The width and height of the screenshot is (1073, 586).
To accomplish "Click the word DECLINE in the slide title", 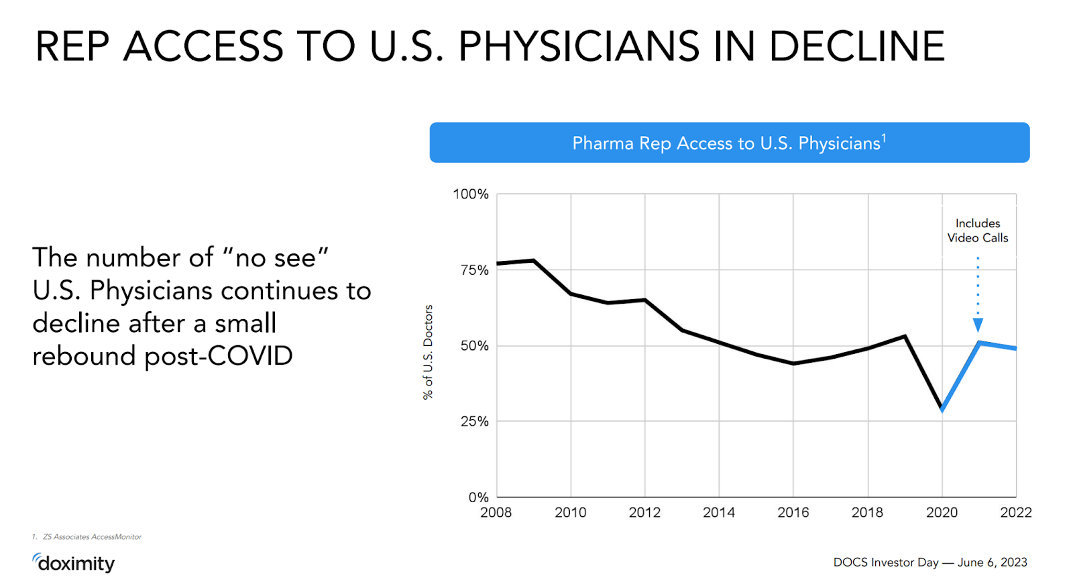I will coord(856,47).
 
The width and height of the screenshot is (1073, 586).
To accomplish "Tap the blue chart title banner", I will coord(729,143).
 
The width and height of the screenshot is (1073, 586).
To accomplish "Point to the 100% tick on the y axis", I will coord(471,194).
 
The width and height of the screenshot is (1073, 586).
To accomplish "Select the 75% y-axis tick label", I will coord(474,270).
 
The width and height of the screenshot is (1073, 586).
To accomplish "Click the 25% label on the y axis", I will coord(474,422).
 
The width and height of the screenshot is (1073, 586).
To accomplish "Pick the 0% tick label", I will coord(478,497).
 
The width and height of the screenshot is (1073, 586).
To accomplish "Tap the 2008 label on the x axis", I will coord(496,513).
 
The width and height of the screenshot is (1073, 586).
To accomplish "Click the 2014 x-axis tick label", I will coord(719,513).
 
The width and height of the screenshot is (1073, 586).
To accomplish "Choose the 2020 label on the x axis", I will coord(942,513).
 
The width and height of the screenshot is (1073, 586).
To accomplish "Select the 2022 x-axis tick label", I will coord(1015,513).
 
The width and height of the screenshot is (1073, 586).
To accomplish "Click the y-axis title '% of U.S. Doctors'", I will coord(428,352).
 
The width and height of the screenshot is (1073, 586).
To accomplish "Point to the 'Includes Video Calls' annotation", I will coord(978,231).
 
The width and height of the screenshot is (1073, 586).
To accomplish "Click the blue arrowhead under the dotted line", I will coord(978,325).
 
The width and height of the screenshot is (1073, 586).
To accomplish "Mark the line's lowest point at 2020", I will coord(942,409).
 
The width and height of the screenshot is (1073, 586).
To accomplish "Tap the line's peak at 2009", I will coord(534,260).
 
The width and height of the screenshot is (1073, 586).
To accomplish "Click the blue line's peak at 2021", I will coord(979,343).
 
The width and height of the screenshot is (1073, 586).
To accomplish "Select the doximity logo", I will coord(74,563).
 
